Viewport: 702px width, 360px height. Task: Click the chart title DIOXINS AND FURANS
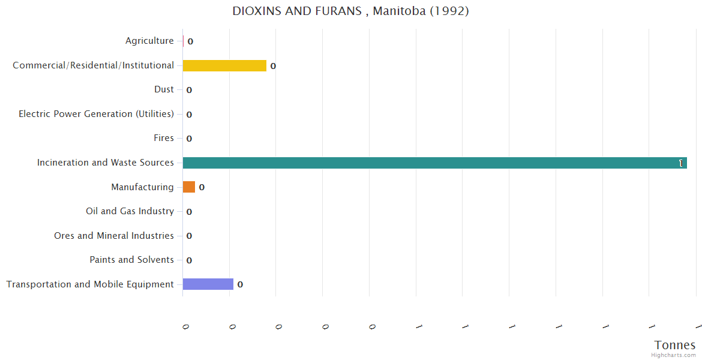pos(350,11)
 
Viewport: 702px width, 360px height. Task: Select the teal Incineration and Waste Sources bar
pos(434,163)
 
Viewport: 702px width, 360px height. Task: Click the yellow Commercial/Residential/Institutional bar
pos(224,65)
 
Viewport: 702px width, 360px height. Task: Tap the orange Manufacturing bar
pos(189,187)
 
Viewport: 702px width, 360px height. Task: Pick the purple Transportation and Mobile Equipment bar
pos(208,284)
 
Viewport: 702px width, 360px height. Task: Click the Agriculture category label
pos(149,41)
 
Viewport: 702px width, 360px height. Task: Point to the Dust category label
pos(164,89)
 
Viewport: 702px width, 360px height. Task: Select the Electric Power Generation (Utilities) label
pos(96,114)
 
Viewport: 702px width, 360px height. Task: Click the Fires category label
pos(164,138)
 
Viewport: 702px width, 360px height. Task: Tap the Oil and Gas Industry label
pos(130,211)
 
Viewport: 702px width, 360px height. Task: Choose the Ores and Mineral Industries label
pos(114,236)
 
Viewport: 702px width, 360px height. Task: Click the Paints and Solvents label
pos(131,260)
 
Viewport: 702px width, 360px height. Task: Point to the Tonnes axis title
pos(675,345)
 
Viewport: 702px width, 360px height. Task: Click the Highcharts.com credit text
pos(674,355)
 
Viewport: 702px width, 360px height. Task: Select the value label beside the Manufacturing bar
pos(202,187)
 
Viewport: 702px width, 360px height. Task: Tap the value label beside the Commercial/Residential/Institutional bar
pos(273,66)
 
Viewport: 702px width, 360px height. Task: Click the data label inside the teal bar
pos(681,163)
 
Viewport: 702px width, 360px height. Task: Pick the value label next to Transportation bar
pos(240,284)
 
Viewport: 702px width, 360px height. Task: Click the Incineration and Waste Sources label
pos(106,163)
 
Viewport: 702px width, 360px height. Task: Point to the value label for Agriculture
pos(190,41)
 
